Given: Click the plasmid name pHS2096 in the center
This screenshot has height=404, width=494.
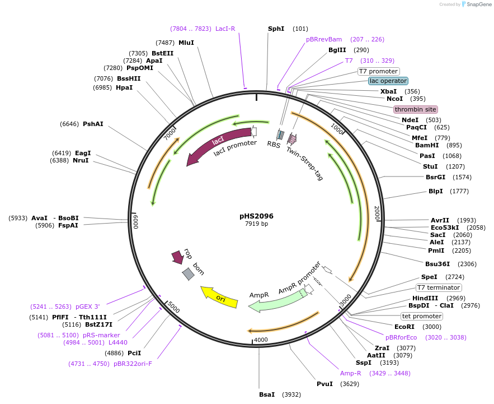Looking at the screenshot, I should point(257,216).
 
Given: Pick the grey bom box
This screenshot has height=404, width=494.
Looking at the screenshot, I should point(189,274).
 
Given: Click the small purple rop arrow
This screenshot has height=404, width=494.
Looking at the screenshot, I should point(178,257).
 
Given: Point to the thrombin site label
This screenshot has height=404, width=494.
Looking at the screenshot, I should point(415,109).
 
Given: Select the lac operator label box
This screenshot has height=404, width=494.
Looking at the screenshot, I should point(388,81).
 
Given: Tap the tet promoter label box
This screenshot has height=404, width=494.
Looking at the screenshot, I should point(421,316).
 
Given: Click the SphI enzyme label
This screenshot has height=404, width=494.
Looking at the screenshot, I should point(276,29).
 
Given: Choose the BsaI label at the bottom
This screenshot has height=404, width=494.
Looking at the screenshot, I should point(267,394).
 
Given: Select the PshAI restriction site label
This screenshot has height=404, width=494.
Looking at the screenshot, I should point(93,124).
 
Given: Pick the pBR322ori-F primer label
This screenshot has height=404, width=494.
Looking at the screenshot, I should point(133,364).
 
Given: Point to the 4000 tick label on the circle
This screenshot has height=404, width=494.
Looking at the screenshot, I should point(261,340).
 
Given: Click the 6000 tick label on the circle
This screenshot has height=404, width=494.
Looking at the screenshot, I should point(135,222).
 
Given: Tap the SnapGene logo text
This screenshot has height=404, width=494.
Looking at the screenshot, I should point(477,4).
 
